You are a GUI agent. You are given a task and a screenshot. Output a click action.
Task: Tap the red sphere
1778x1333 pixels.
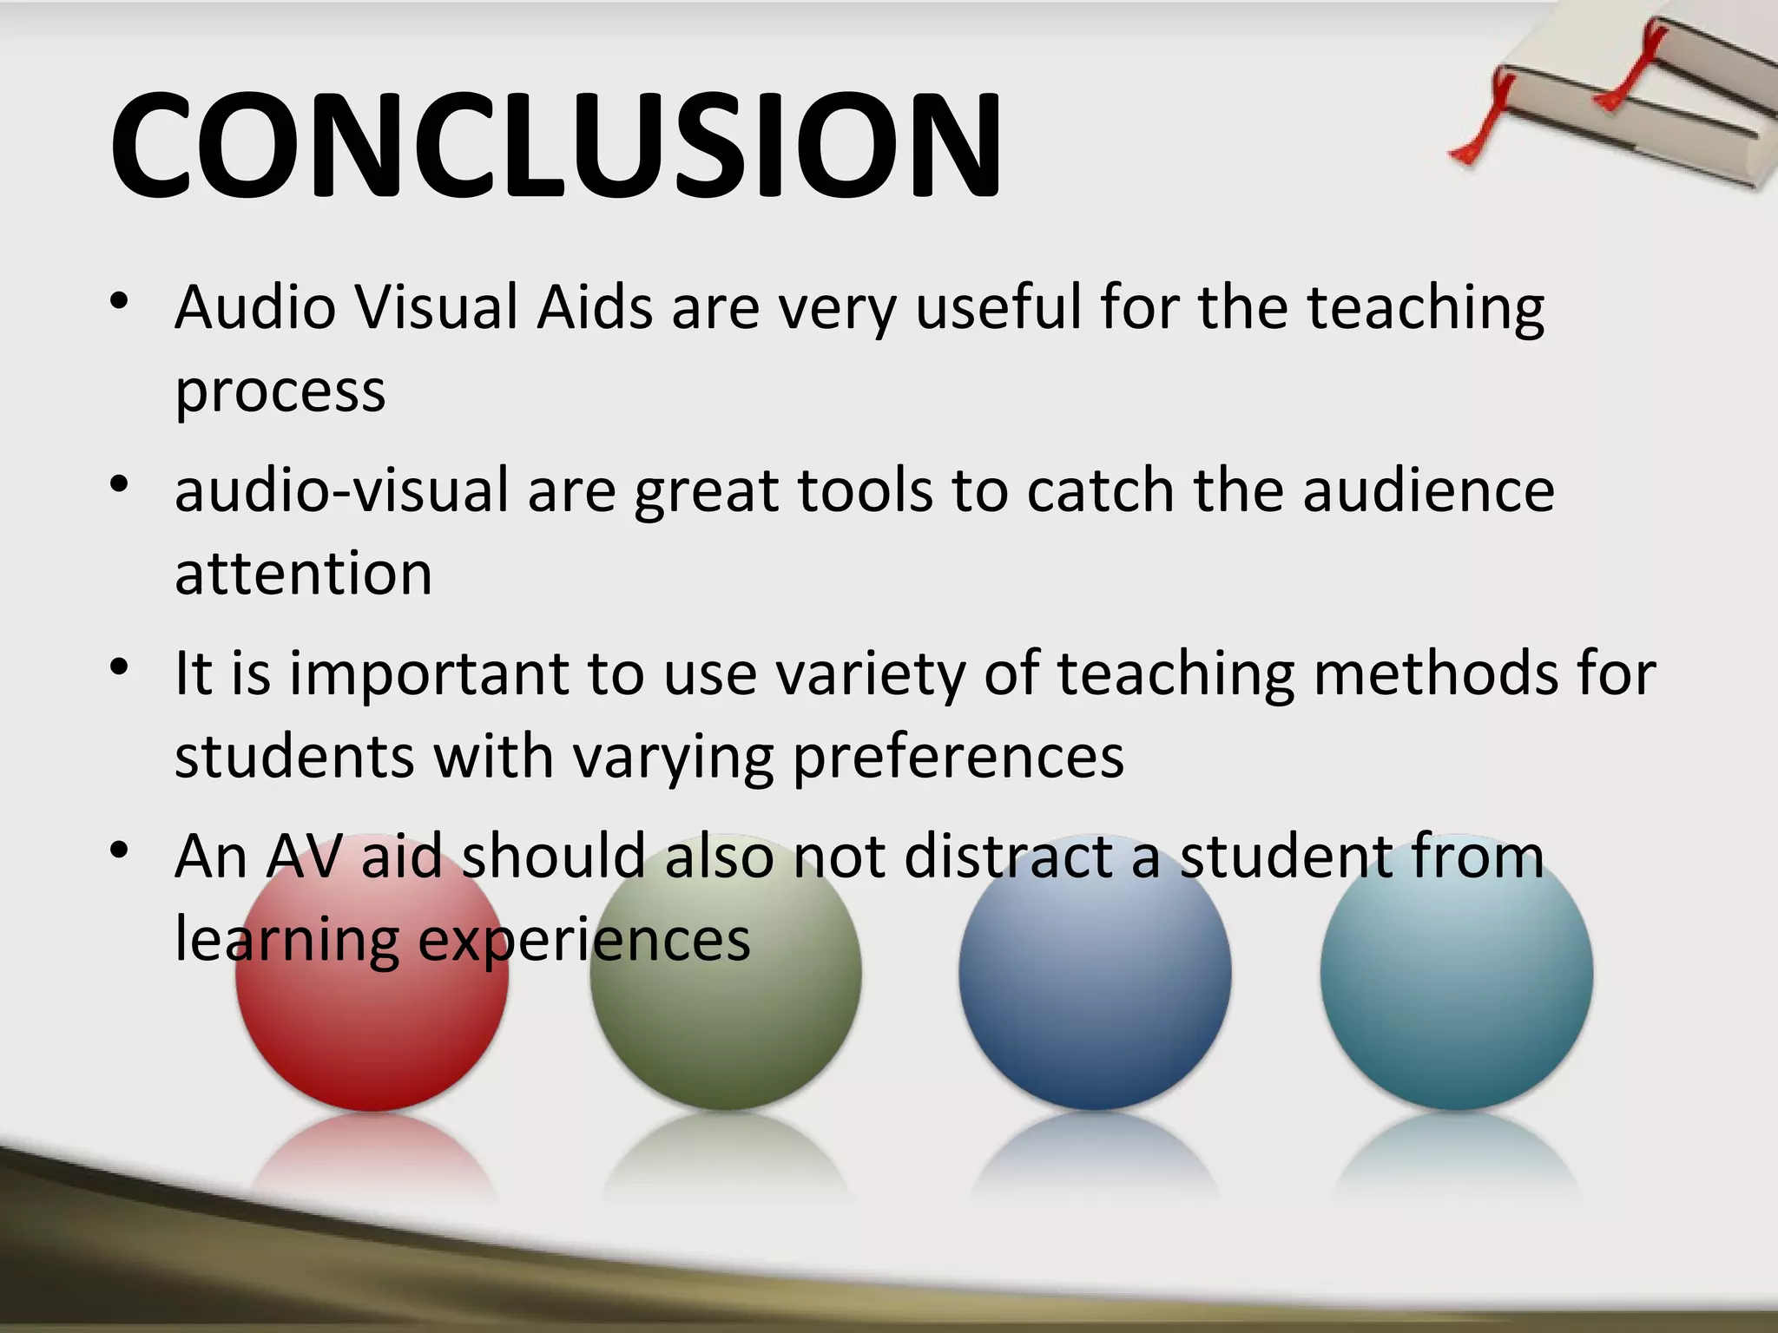pos(372,1015)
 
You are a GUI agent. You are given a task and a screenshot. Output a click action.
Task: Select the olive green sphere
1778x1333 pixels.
pos(726,1015)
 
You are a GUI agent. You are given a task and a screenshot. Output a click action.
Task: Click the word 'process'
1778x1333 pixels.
pos(280,392)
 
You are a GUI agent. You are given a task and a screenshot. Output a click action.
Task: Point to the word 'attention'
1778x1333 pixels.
pos(303,574)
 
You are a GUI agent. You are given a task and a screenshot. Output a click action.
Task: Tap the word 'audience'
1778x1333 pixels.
pos(1428,491)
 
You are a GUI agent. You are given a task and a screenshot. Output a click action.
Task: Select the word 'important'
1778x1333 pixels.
pos(428,673)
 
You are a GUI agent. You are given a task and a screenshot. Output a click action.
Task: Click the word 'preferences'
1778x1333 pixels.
pos(958,757)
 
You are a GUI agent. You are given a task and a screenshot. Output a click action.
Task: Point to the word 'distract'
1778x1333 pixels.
pos(1006,857)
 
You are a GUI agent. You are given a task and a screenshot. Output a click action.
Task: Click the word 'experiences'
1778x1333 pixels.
pos(583,939)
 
